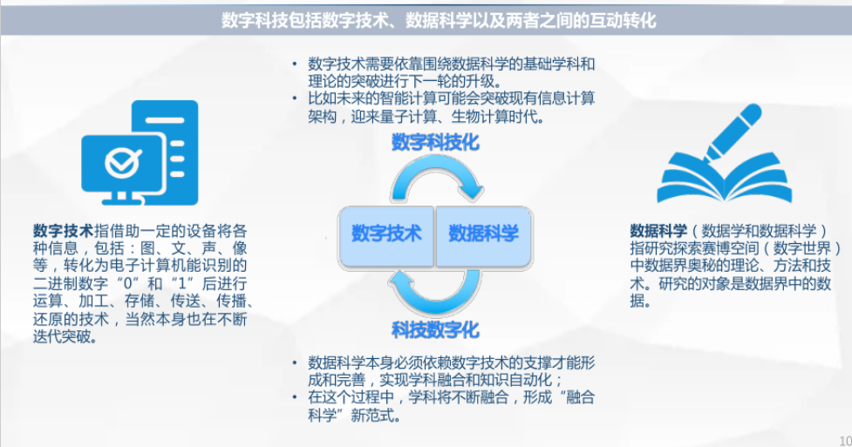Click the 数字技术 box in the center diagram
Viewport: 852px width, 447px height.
click(386, 234)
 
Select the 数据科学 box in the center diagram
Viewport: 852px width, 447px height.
click(483, 234)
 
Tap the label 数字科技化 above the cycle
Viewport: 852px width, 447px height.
click(435, 142)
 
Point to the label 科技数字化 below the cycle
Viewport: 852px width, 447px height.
click(435, 329)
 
